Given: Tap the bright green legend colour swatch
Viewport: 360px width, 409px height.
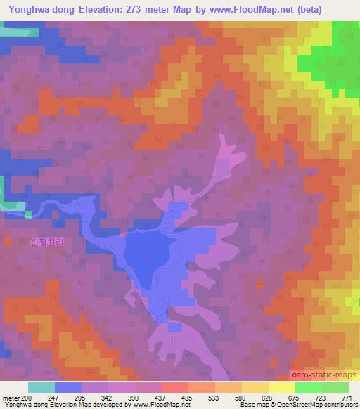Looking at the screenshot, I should [x=308, y=387].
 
